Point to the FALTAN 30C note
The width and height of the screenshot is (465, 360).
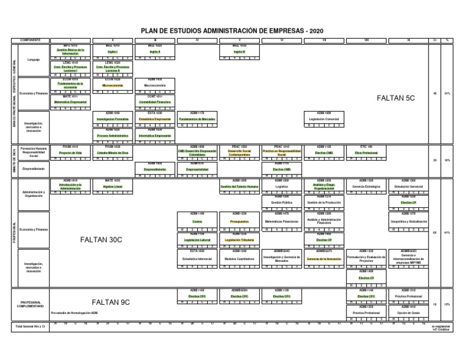tap(101, 239)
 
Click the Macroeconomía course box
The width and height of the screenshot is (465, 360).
tap(154, 85)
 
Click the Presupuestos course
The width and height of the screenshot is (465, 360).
tap(239, 221)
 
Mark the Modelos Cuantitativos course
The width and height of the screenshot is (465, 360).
tap(239, 258)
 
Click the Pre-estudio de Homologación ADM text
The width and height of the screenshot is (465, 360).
tap(74, 313)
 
